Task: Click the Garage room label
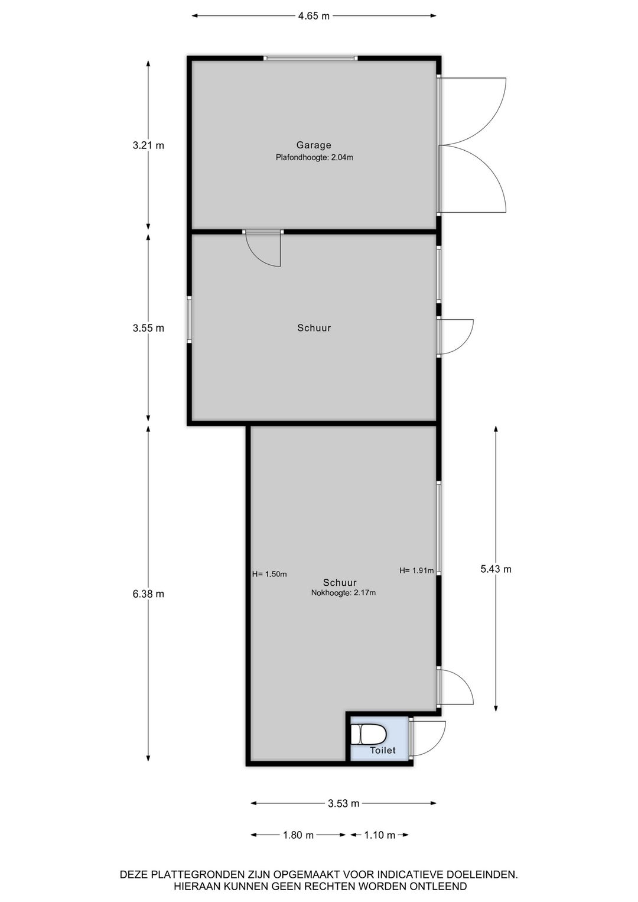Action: tap(314, 145)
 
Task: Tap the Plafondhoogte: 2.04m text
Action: tap(314, 157)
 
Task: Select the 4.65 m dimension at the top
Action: tap(314, 16)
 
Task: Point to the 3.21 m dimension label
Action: tap(148, 145)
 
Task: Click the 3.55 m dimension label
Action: tap(148, 328)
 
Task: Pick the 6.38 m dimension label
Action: tap(148, 594)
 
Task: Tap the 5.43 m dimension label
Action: tap(496, 569)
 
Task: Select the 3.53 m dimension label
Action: tap(343, 803)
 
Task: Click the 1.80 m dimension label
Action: tap(298, 835)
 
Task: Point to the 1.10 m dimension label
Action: tap(380, 835)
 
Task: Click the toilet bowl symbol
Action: tap(368, 735)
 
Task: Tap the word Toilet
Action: tap(383, 750)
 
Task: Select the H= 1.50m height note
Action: tap(269, 574)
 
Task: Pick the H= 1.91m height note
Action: tap(416, 570)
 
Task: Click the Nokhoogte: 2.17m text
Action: tap(343, 593)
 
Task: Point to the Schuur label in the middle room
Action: tap(314, 328)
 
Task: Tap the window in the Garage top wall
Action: tap(310, 59)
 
